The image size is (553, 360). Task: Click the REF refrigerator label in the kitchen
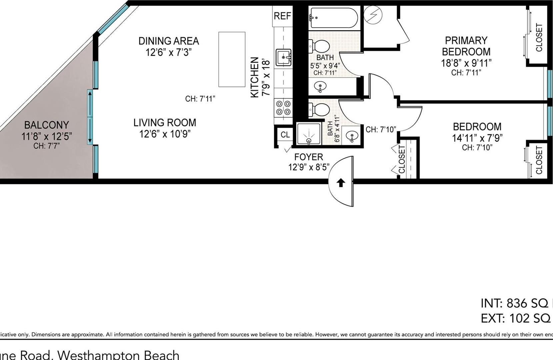click(282, 16)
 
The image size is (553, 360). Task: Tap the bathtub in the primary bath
click(333, 18)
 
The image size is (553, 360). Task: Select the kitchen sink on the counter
click(283, 57)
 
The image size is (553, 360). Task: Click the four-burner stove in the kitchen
click(283, 108)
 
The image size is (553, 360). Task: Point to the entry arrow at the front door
click(340, 183)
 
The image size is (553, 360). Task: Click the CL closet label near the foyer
click(285, 135)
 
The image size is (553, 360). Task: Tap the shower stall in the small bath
click(309, 134)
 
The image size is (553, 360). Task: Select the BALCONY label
click(46, 125)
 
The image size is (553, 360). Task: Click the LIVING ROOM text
click(165, 123)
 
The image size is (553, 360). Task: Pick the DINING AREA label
click(169, 41)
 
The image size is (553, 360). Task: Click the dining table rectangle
click(232, 59)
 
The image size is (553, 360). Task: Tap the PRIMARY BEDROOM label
click(466, 46)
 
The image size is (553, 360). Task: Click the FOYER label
click(308, 157)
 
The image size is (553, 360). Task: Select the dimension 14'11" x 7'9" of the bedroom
click(477, 138)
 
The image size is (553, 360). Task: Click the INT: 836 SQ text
click(515, 303)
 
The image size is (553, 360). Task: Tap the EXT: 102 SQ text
click(515, 318)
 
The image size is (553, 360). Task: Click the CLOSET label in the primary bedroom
click(539, 37)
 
